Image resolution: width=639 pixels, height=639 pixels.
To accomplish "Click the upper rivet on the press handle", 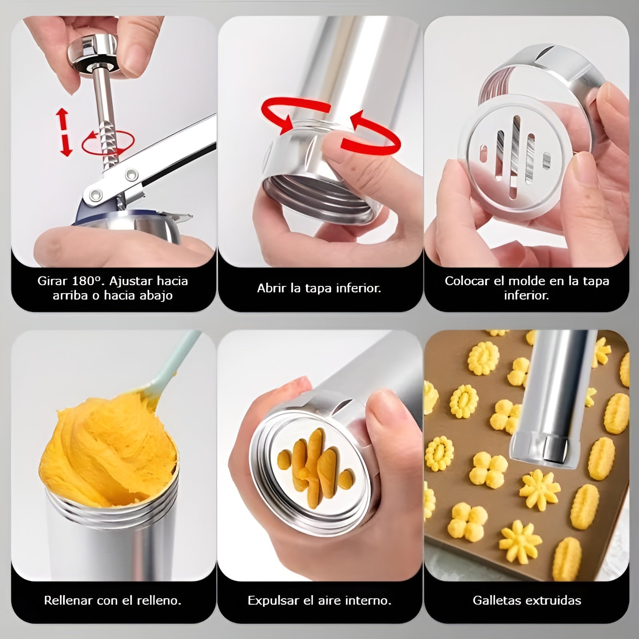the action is point(130,174).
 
